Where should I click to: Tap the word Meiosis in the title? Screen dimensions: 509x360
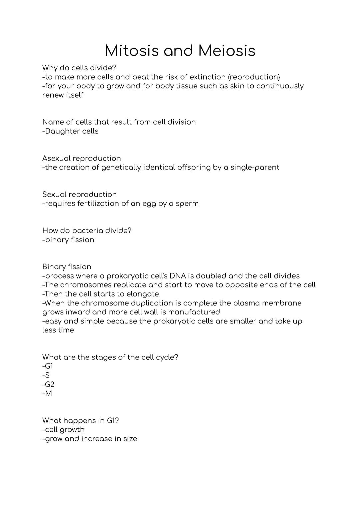pos(227,51)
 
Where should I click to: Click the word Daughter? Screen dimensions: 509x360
pos(62,131)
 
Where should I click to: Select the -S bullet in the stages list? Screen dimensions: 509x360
pos(46,375)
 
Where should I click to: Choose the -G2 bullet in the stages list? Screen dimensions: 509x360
pos(48,384)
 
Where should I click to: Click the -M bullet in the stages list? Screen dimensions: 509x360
pos(47,393)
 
